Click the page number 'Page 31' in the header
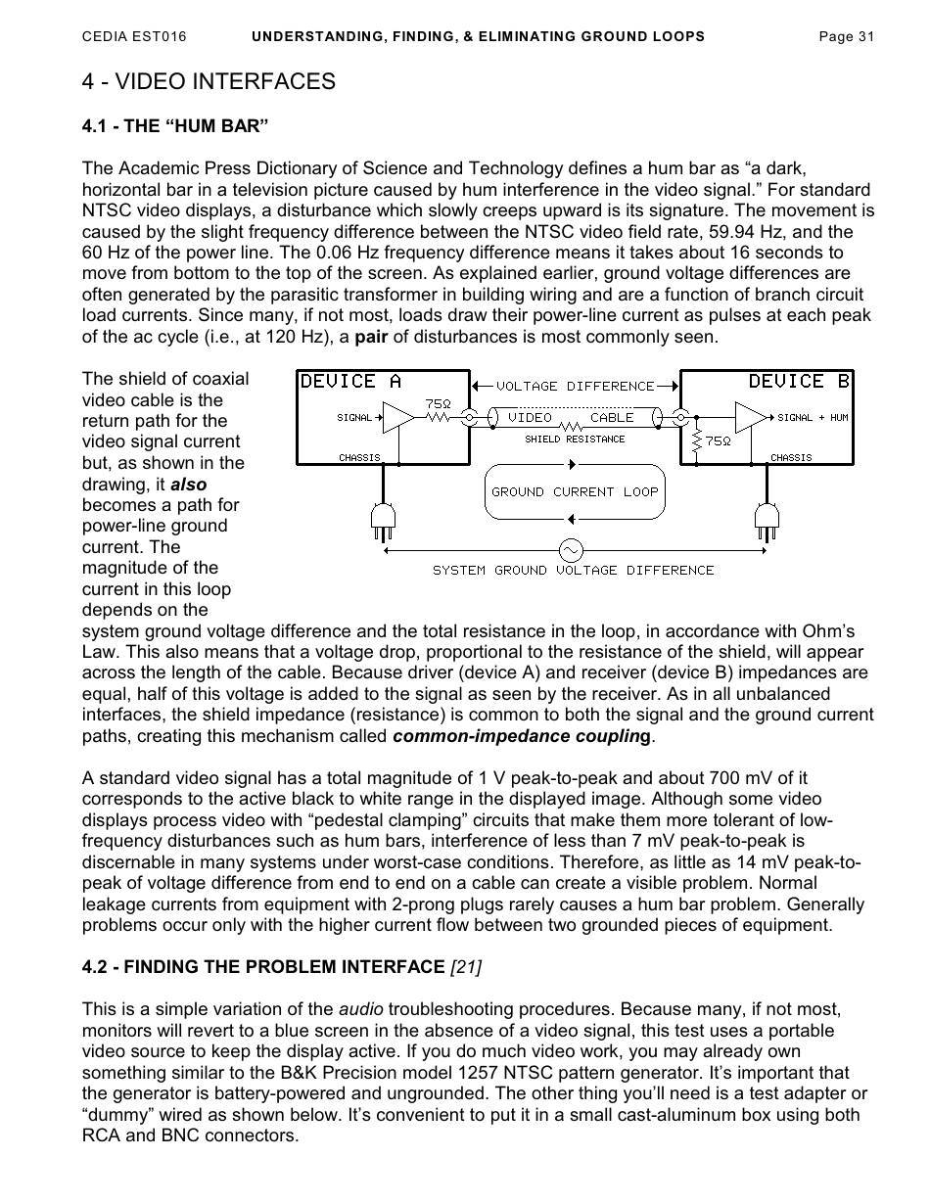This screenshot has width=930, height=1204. tap(846, 37)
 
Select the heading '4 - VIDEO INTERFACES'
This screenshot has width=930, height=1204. tap(209, 82)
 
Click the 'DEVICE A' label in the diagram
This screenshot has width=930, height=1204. tap(350, 382)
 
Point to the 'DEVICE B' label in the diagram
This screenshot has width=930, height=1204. tap(799, 382)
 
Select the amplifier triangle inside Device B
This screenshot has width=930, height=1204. tap(751, 418)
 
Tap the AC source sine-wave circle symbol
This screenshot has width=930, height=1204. tap(569, 550)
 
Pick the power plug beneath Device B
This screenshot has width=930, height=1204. tap(766, 521)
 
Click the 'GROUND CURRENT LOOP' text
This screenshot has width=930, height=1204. tap(575, 492)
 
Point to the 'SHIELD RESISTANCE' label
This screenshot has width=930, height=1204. tap(575, 440)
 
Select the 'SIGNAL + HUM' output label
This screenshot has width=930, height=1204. tap(813, 418)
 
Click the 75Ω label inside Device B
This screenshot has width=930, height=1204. tap(718, 441)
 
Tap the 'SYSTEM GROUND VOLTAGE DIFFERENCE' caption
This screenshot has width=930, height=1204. tap(574, 571)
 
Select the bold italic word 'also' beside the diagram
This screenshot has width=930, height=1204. tap(188, 484)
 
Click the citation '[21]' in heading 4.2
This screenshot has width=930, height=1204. tap(465, 967)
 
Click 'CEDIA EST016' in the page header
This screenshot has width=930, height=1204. tap(134, 37)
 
